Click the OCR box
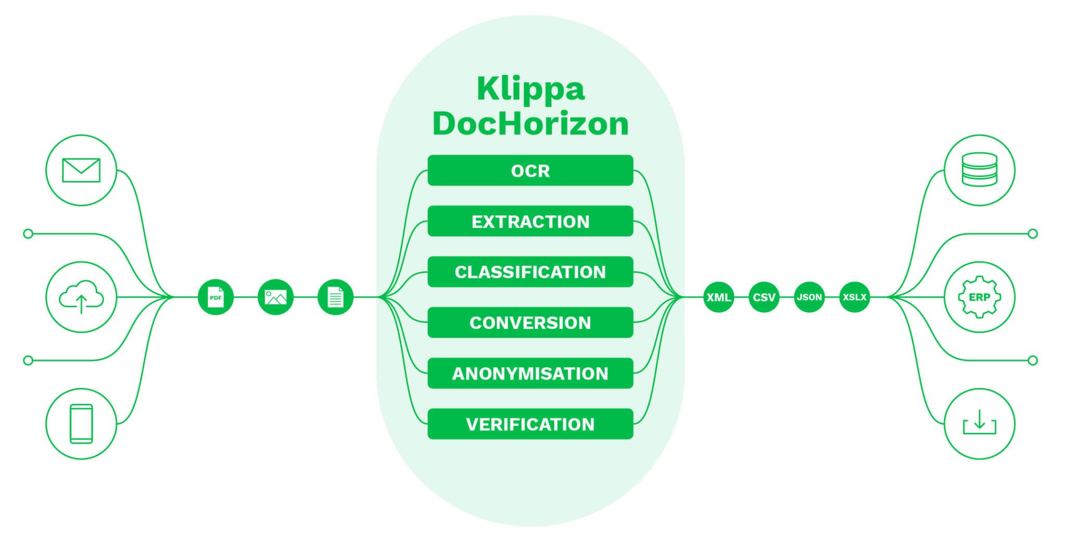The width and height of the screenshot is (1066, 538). coord(530,171)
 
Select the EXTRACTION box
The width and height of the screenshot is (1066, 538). coord(530,221)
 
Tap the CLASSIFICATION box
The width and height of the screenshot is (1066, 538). coord(530,272)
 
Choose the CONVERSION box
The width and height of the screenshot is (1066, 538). coord(530,323)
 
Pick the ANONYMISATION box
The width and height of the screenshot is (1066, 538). coord(530,373)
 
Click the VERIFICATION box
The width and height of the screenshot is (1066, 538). coord(530,424)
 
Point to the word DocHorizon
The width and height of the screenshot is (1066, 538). coord(530,124)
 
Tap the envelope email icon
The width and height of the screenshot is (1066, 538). coord(81,170)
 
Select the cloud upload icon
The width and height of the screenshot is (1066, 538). coord(81,297)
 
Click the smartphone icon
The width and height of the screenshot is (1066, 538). coord(81,424)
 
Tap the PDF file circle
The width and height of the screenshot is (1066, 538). coord(215,297)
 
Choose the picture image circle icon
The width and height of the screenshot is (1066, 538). coord(275,297)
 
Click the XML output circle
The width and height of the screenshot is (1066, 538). coord(718,297)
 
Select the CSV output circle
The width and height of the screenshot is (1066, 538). coord(764,297)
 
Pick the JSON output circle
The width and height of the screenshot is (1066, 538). coord(809,297)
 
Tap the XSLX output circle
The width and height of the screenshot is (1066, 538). coord(854,297)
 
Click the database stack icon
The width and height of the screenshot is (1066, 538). coord(979,170)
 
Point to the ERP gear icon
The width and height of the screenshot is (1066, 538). coord(979,297)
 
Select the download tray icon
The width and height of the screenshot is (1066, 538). coord(979,424)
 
